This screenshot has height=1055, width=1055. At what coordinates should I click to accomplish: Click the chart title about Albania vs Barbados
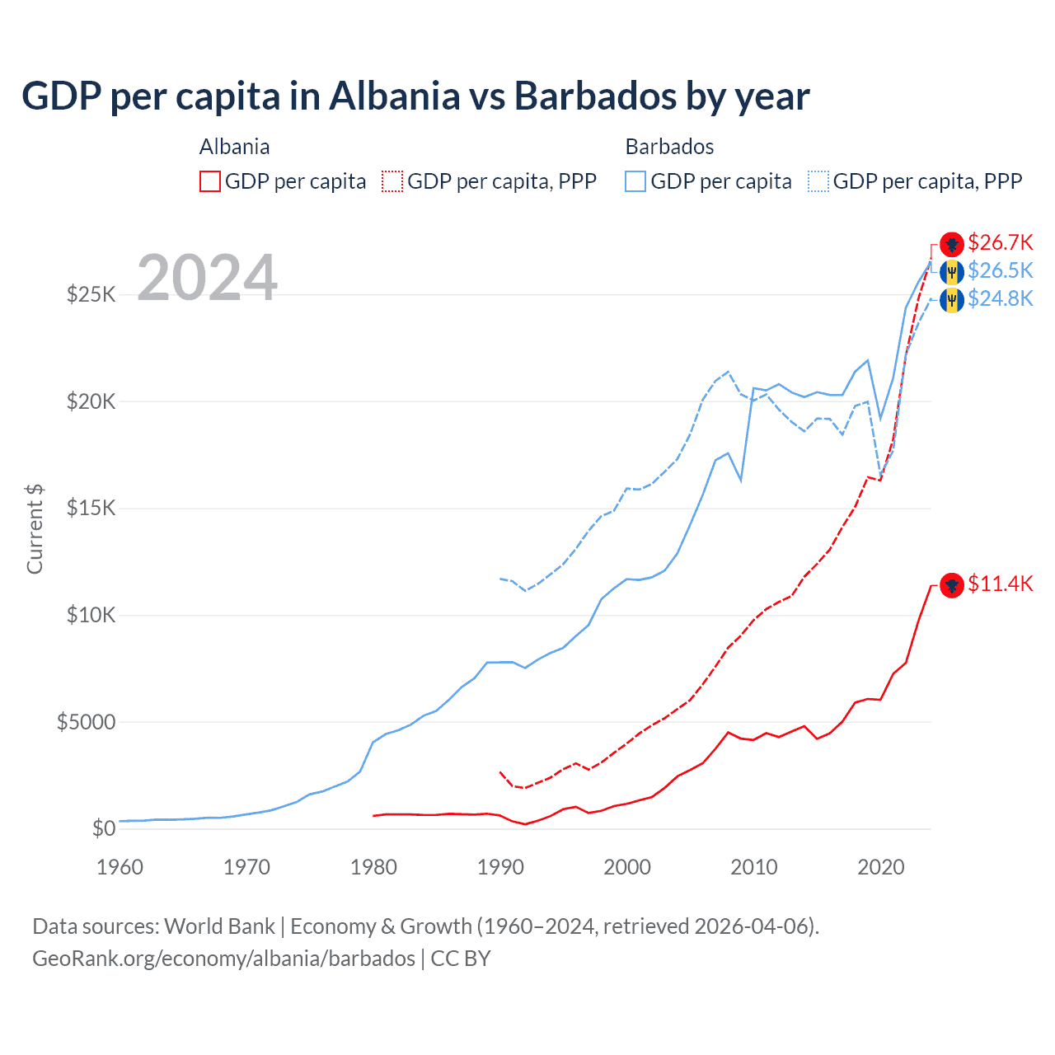pyautogui.click(x=415, y=96)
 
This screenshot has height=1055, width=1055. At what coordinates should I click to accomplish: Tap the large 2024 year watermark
pyautogui.click(x=207, y=279)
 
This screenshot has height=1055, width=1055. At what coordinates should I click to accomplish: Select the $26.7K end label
pyautogui.click(x=1000, y=242)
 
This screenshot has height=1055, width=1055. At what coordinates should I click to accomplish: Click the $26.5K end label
pyautogui.click(x=1000, y=270)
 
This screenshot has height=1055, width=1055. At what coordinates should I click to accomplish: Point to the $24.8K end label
pyautogui.click(x=1000, y=298)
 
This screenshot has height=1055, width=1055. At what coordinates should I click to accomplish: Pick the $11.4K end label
pyautogui.click(x=1000, y=584)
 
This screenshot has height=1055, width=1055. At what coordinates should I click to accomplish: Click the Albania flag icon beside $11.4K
pyautogui.click(x=952, y=585)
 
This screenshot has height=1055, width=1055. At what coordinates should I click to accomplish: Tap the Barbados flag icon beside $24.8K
pyautogui.click(x=952, y=300)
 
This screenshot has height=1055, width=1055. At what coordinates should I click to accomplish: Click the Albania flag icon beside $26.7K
pyautogui.click(x=952, y=244)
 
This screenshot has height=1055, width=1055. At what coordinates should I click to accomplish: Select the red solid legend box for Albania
pyautogui.click(x=210, y=181)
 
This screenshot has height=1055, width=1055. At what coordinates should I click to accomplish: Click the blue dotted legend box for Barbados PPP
pyautogui.click(x=818, y=181)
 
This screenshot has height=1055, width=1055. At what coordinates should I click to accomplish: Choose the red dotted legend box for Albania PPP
pyautogui.click(x=392, y=181)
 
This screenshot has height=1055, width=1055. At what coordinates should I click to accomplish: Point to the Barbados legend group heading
pyautogui.click(x=669, y=147)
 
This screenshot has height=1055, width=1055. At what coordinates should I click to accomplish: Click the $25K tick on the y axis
pyautogui.click(x=91, y=294)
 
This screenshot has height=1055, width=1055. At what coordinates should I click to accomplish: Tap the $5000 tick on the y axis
pyautogui.click(x=86, y=723)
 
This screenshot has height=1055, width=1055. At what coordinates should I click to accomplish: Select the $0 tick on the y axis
pyautogui.click(x=103, y=828)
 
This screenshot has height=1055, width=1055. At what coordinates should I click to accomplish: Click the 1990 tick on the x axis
pyautogui.click(x=500, y=867)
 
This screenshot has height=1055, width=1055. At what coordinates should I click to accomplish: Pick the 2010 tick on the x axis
pyautogui.click(x=754, y=867)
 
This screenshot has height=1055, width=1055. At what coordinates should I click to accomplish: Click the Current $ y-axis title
pyautogui.click(x=35, y=529)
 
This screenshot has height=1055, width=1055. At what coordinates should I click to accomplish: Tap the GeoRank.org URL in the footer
pyautogui.click(x=223, y=959)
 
